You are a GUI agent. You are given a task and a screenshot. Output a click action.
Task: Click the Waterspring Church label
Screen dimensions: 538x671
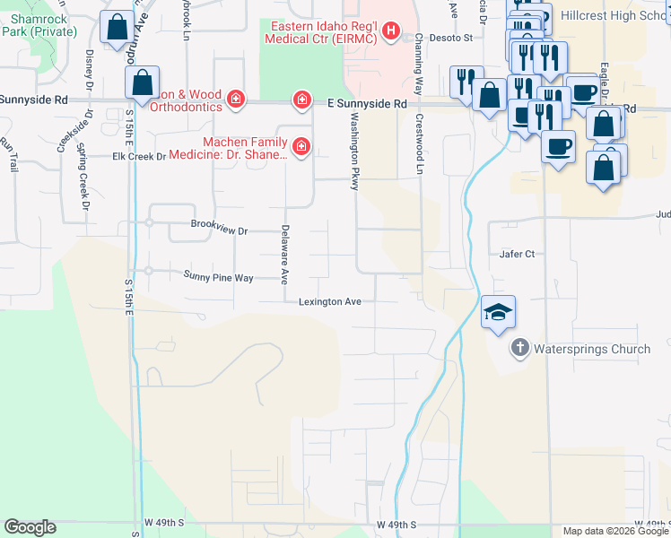[593, 349]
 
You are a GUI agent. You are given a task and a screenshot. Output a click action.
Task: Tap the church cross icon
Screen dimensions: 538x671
[519, 348]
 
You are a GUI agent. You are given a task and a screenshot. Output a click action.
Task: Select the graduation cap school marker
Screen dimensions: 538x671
[498, 312]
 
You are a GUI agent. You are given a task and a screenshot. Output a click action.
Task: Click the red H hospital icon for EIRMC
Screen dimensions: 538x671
[390, 32]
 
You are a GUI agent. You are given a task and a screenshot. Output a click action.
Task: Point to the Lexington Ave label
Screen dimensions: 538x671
[330, 302]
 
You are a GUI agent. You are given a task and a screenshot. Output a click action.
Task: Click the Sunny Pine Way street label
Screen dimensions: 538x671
[219, 277]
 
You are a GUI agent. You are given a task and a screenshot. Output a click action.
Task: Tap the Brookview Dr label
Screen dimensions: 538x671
[219, 230]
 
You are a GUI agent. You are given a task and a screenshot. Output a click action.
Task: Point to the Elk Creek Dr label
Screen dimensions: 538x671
[139, 156]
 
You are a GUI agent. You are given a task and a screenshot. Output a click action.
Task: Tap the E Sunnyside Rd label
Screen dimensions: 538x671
[367, 104]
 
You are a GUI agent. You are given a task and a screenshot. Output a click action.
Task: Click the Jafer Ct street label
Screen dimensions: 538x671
[517, 254]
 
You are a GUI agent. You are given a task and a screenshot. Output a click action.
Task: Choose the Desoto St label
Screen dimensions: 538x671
[455, 39]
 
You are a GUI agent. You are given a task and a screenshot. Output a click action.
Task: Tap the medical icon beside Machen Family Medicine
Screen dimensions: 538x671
[301, 145]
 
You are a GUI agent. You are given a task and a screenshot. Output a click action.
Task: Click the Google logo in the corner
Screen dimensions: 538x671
[30, 526]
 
